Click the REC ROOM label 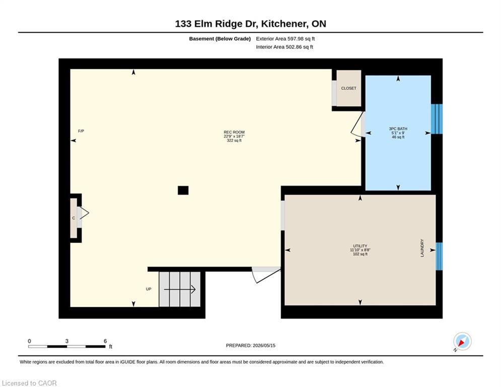pos(234,132)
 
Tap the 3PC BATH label pos(398,128)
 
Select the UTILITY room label pos(360,246)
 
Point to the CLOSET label pos(348,88)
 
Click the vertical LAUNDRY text pos(422,248)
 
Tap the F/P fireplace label pos(81,131)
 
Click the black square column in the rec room pos(183,190)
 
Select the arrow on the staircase pos(180,289)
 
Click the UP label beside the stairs pos(149,289)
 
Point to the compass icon pos(462,341)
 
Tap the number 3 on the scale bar pos(67,341)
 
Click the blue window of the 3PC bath pos(437,119)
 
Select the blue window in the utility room pos(440,256)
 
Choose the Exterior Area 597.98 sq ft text pos(285,39)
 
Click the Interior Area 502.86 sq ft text pos(284,47)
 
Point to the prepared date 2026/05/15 pos(264,345)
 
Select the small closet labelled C pos(74,218)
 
